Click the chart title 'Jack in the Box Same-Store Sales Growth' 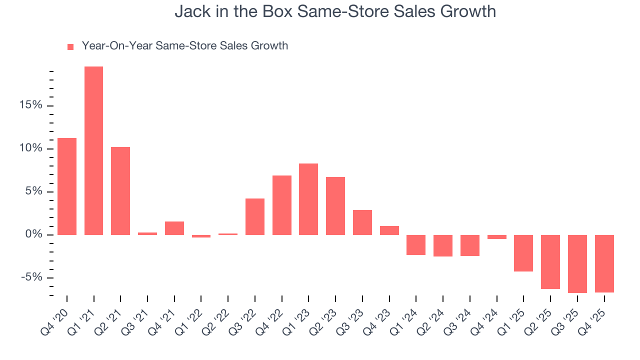point(335,11)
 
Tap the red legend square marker point(70,46)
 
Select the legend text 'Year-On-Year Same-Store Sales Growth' point(184,46)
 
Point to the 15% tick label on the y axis point(30,105)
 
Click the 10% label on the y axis point(30,148)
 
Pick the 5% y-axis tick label point(33,191)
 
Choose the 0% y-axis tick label point(33,234)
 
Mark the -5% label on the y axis point(31,277)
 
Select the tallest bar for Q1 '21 point(93,150)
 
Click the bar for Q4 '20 point(67,186)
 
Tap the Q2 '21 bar point(120,190)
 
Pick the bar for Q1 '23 point(308,199)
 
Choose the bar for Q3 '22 point(255,216)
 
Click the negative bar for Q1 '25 point(523,253)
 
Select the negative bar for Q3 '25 point(577,263)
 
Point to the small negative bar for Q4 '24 point(496,237)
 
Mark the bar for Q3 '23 point(362,222)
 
